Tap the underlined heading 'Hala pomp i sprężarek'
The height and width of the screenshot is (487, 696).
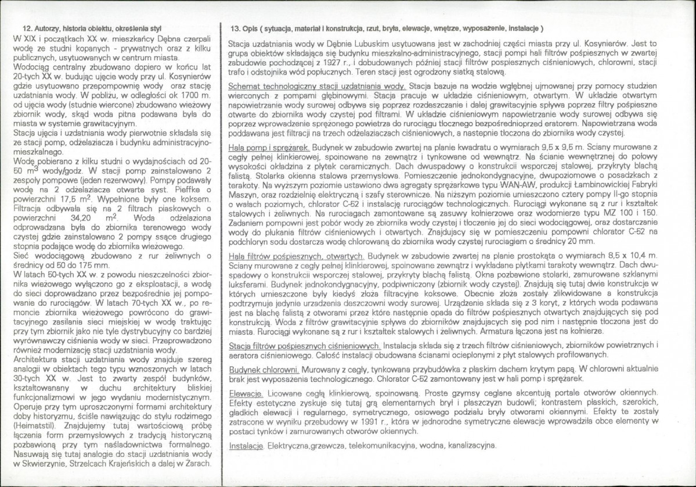pos(269,148)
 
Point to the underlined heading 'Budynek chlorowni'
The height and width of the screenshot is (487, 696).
pos(264,369)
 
